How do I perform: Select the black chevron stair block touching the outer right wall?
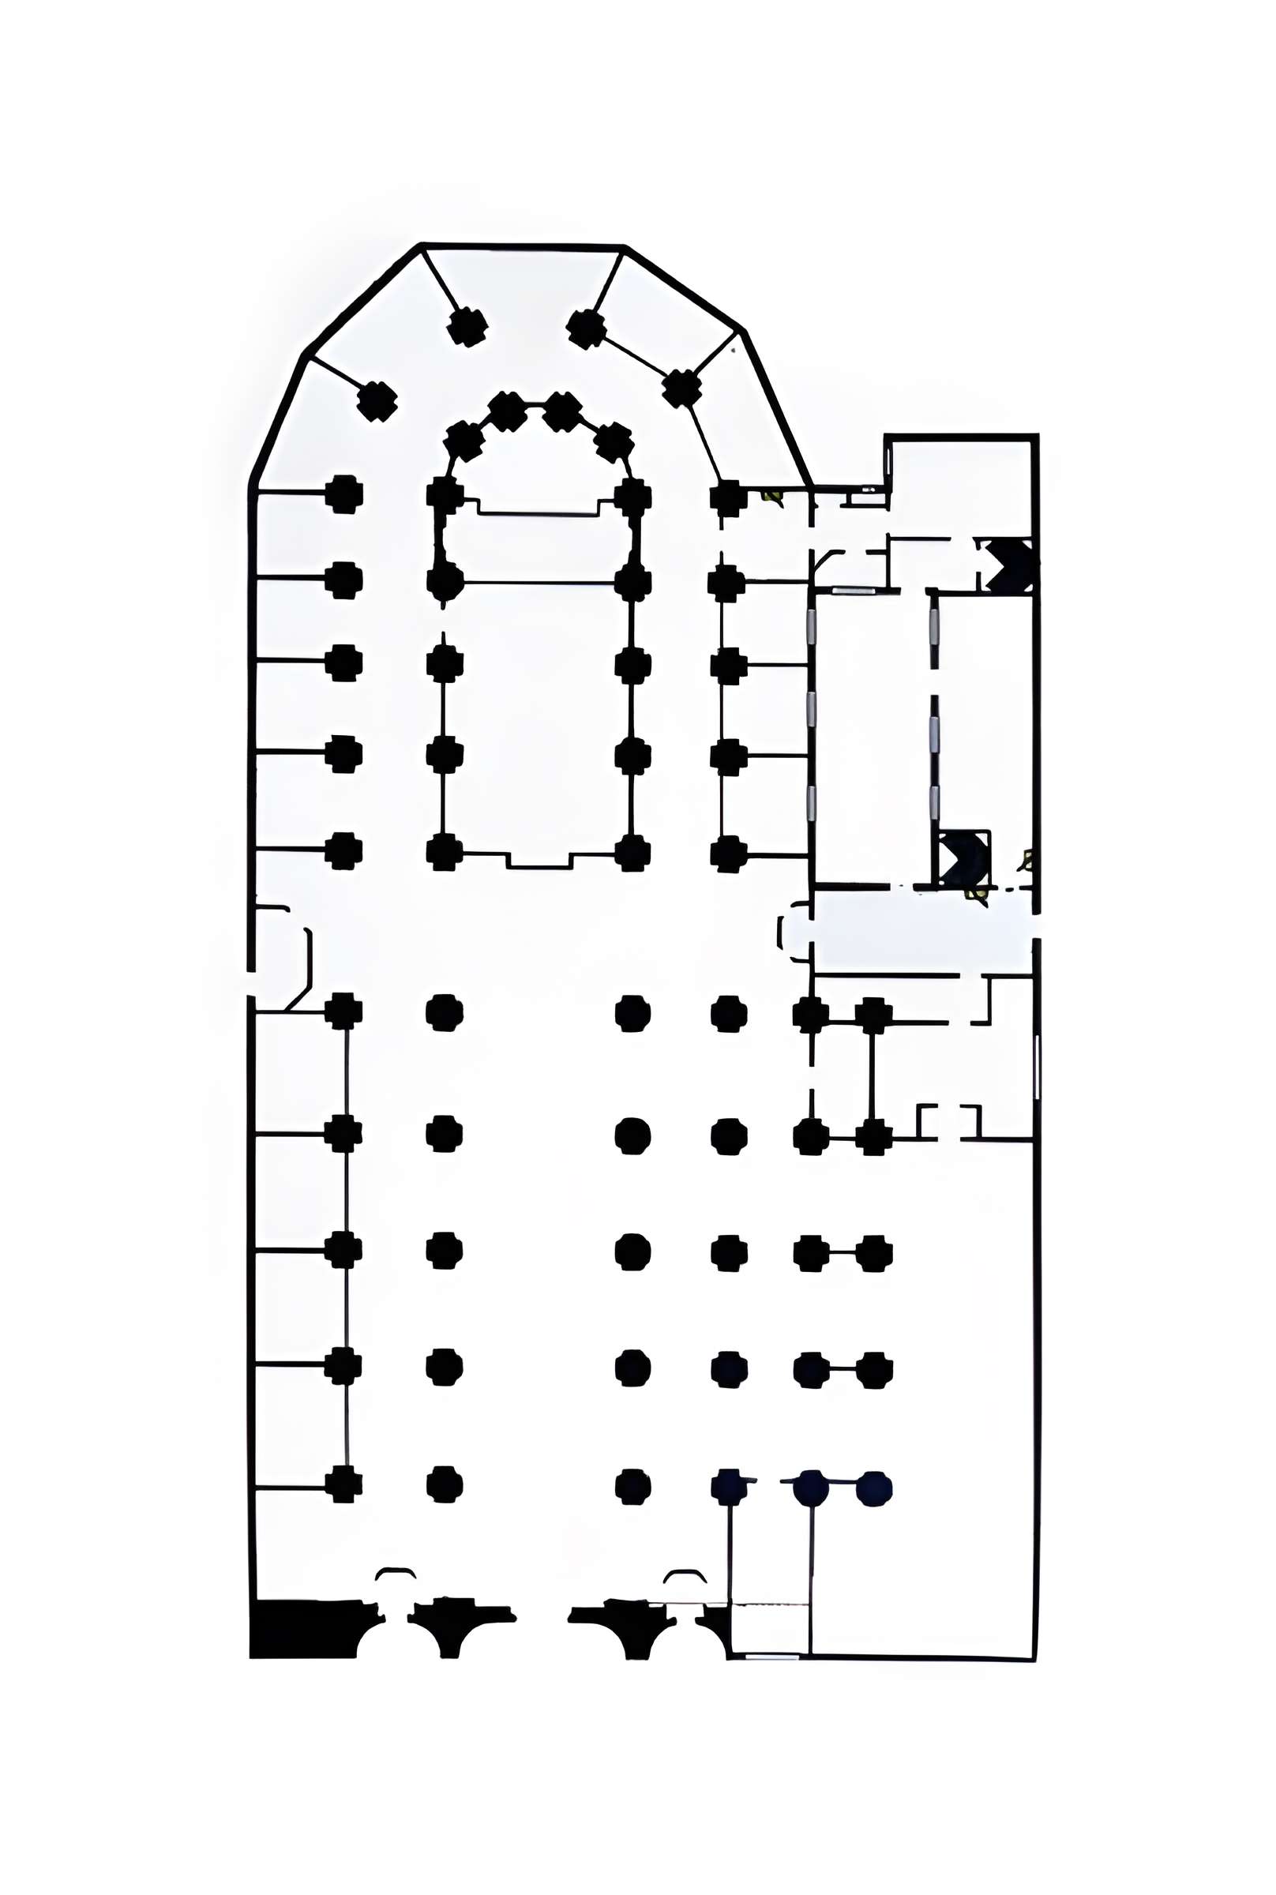click(1009, 565)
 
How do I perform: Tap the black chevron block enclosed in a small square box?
click(963, 858)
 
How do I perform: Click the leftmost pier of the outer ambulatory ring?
click(377, 401)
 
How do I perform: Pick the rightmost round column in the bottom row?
click(873, 1489)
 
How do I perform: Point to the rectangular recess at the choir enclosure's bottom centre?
click(538, 860)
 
